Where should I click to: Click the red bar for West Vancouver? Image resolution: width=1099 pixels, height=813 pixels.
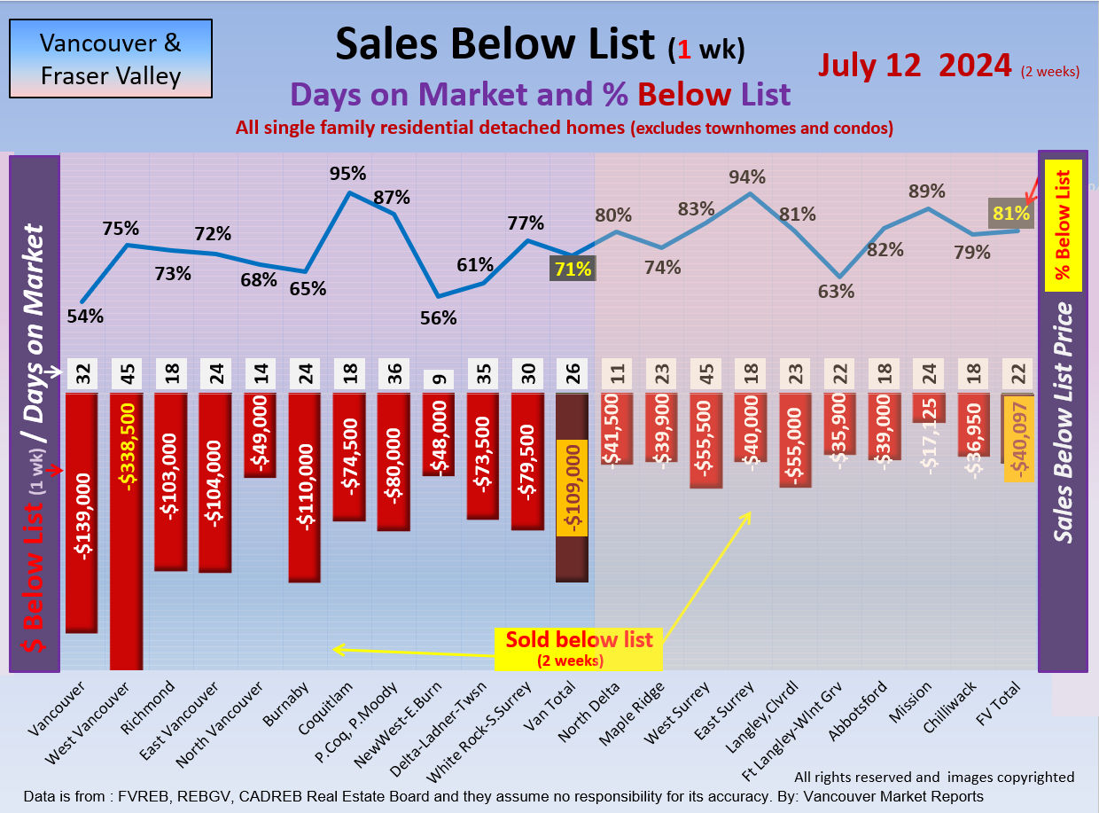(x=126, y=532)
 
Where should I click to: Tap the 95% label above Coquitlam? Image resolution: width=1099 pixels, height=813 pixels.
(x=348, y=172)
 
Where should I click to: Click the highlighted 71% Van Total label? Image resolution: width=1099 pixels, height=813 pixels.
(x=571, y=269)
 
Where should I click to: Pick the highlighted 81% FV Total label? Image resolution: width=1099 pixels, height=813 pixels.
(x=1011, y=213)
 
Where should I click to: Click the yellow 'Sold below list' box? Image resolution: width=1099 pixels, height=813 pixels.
(x=579, y=648)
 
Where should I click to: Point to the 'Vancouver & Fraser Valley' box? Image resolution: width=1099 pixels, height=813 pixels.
(x=111, y=59)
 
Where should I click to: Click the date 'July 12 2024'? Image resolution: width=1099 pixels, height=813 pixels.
(x=914, y=65)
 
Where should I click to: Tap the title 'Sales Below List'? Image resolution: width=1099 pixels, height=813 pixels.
(x=495, y=43)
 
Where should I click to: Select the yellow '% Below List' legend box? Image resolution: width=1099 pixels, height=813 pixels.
(x=1063, y=225)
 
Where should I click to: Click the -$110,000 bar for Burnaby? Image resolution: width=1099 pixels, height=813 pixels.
(x=304, y=488)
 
